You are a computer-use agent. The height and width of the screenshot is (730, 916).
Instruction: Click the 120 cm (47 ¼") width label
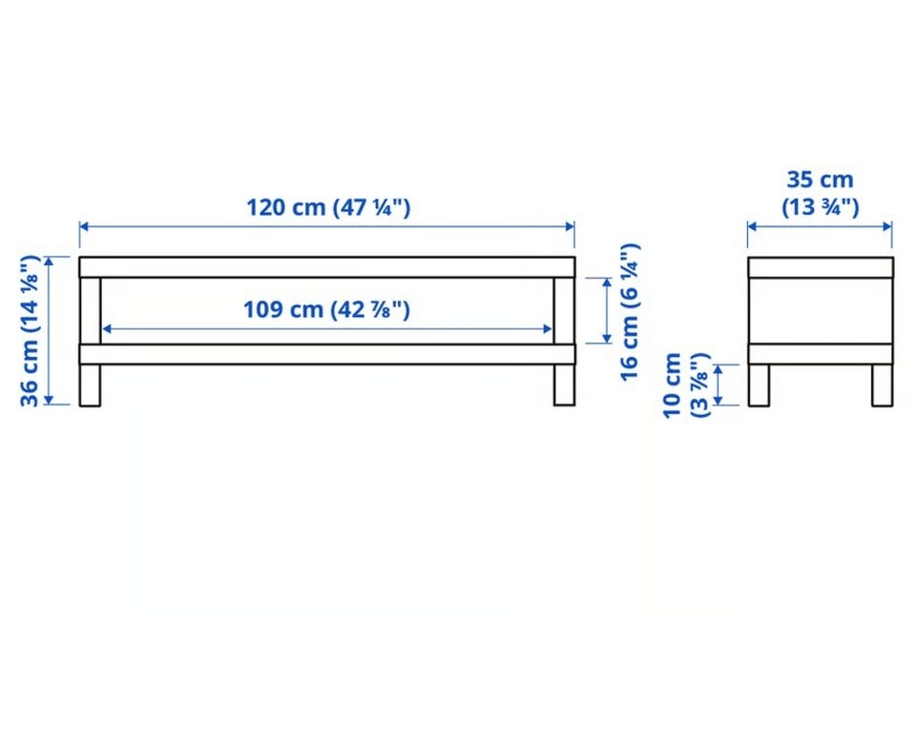[x=328, y=207]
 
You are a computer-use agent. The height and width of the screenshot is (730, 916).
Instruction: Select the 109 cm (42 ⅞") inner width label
[x=326, y=309]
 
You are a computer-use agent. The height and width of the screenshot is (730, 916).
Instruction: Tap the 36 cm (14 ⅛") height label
[x=30, y=330]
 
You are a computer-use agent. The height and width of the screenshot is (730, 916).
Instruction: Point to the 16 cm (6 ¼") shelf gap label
[x=630, y=312]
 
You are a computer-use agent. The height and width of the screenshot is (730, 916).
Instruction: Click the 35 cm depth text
[x=821, y=179]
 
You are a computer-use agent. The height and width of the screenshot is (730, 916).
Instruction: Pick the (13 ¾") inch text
[x=821, y=207]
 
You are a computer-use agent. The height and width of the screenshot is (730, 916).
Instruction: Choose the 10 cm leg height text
[x=672, y=386]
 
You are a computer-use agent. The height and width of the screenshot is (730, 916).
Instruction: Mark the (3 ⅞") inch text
[x=699, y=386]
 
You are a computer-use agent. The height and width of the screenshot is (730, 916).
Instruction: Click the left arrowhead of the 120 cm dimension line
[x=84, y=226]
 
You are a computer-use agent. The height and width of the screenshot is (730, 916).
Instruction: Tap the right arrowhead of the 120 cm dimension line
[x=570, y=226]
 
